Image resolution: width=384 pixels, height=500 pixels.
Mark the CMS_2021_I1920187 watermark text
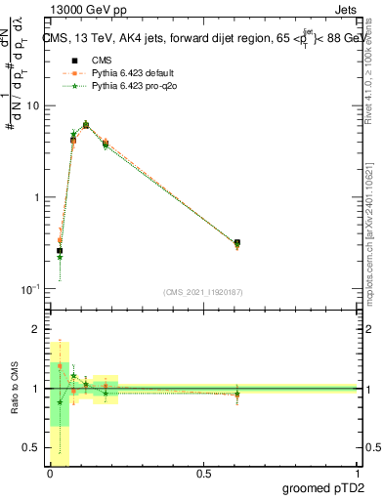pyautogui.click(x=203, y=292)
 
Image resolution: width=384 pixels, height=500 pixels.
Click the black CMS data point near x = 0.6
pyautogui.click(x=237, y=243)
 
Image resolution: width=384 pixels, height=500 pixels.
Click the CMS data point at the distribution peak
pyautogui.click(x=86, y=125)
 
